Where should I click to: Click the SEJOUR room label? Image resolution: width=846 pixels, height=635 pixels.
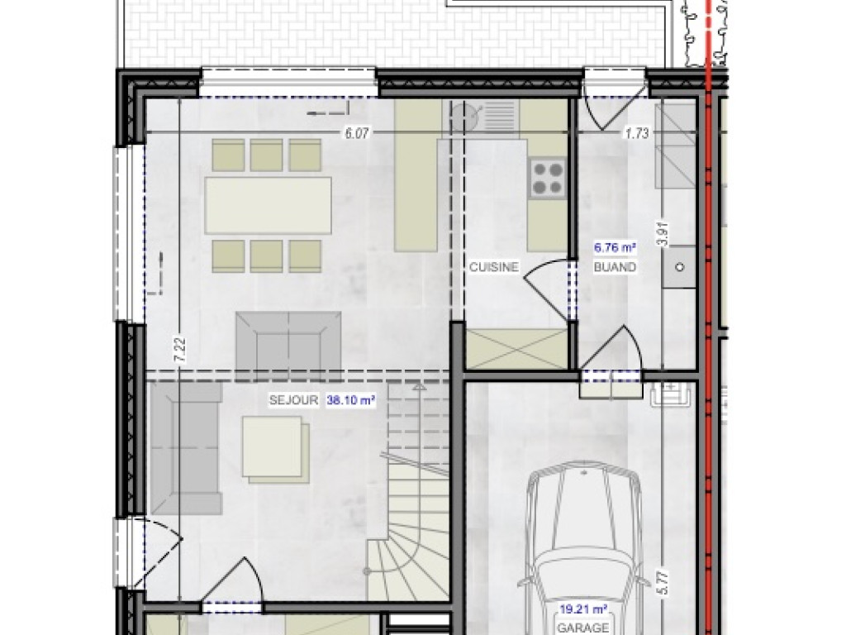tap(293, 400)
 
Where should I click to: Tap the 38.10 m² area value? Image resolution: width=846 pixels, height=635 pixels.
tap(351, 400)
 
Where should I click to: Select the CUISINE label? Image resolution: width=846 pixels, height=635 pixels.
tap(493, 267)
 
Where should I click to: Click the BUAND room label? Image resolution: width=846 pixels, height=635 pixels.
tap(615, 267)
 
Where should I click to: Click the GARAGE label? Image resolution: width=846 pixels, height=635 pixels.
tap(583, 628)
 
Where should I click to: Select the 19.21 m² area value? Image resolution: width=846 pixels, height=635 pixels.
tap(583, 609)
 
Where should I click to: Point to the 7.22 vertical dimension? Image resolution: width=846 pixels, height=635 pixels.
tap(180, 347)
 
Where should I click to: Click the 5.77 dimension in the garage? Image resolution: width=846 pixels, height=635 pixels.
tap(665, 576)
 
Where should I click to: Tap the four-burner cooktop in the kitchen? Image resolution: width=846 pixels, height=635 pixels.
tap(547, 177)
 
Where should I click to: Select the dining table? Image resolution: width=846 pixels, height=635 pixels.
tap(269, 205)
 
